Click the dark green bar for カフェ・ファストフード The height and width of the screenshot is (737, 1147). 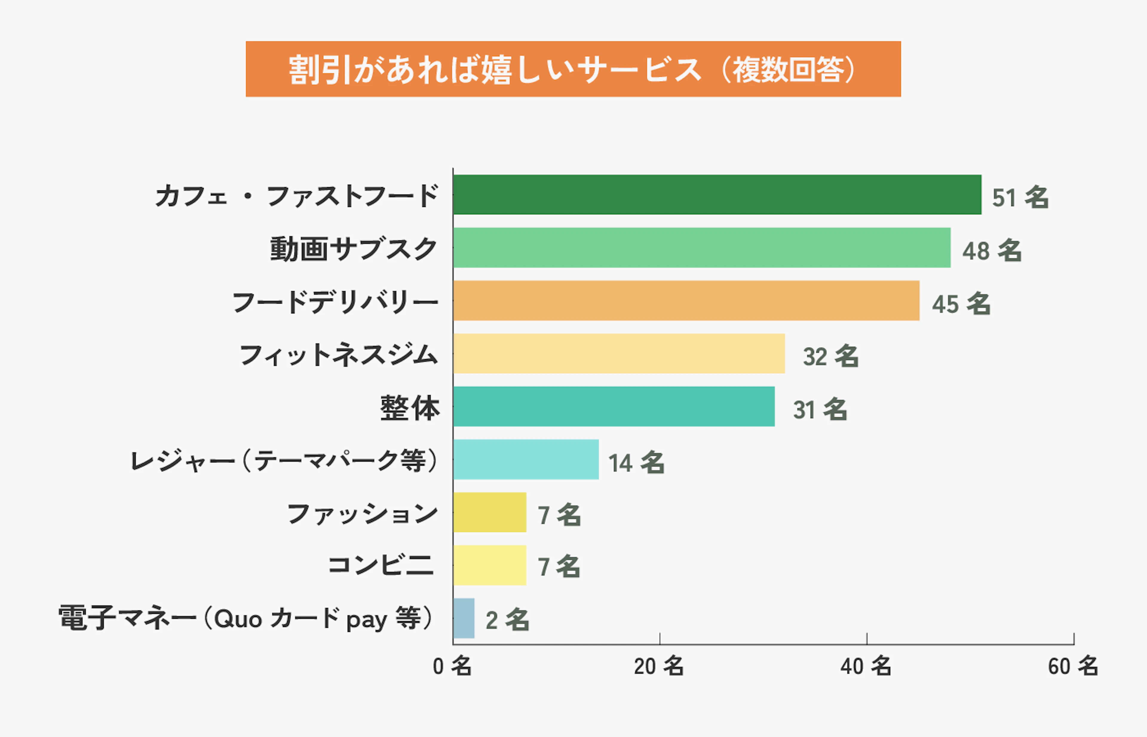point(717,195)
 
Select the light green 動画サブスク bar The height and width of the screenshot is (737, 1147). point(702,247)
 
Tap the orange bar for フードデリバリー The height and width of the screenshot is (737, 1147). point(686,301)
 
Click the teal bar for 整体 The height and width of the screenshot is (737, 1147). point(614,406)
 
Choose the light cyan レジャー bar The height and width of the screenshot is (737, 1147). point(525,459)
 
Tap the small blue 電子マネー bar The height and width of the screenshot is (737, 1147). point(464,618)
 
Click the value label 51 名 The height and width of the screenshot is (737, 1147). point(1020,197)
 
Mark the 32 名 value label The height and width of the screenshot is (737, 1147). point(830,356)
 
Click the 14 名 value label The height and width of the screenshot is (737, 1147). point(636,462)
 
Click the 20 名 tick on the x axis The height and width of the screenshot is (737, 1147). point(659,666)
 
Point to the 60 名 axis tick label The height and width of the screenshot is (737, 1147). point(1073,666)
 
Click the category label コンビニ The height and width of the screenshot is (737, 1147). point(381,565)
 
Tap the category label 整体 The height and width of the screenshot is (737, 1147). point(410,408)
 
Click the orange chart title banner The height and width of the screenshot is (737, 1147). point(573,69)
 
